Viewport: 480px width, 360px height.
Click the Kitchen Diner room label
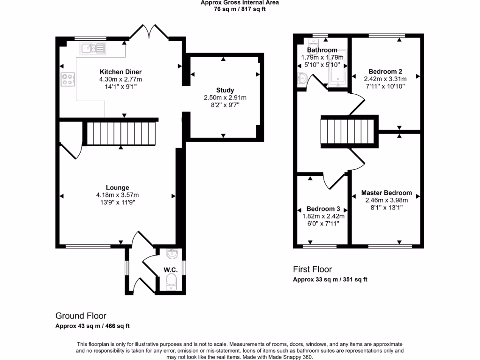pyautogui.click(x=120, y=72)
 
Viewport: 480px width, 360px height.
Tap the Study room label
pyautogui.click(x=225, y=90)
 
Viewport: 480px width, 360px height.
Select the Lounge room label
pyautogui.click(x=118, y=187)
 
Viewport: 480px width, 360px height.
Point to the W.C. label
pyautogui.click(x=171, y=270)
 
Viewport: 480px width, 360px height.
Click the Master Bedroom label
pyautogui.click(x=386, y=193)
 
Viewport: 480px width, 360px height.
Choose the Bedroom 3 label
pyautogui.click(x=323, y=209)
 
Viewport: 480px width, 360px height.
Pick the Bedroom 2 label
pyautogui.click(x=385, y=72)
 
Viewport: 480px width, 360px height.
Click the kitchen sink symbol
pyautogui.click(x=93, y=48)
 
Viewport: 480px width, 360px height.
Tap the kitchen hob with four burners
pyautogui.click(x=67, y=79)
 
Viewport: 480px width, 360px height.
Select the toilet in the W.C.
pyautogui.click(x=172, y=282)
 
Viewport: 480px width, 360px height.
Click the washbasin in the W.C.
pyautogui.click(x=172, y=254)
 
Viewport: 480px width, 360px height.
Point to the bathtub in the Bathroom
pyautogui.click(x=338, y=68)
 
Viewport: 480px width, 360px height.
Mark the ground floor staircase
pyautogui.click(x=121, y=134)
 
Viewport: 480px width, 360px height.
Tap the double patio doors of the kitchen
pyautogui.click(x=149, y=32)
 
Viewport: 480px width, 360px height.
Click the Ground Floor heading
pyautogui.click(x=81, y=316)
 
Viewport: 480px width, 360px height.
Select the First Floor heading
pyautogui.click(x=312, y=270)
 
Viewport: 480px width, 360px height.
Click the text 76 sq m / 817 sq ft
pyautogui.click(x=240, y=9)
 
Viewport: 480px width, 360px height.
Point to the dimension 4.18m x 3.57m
pyautogui.click(x=118, y=195)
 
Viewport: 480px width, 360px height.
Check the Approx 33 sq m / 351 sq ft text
pyautogui.click(x=330, y=279)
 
